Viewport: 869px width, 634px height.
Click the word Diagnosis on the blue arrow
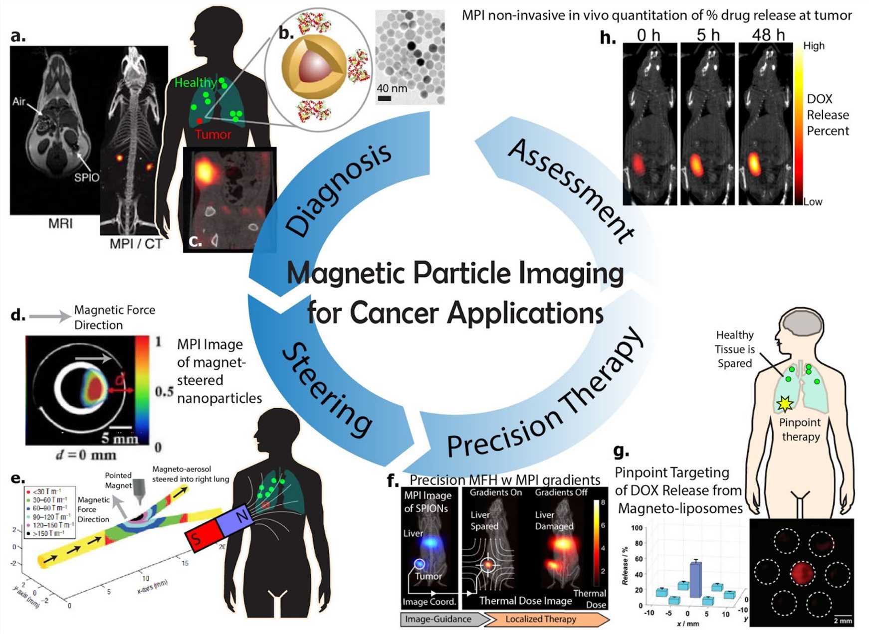pos(339,189)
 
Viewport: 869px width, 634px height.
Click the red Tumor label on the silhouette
pos(213,135)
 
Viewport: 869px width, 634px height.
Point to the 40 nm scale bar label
pos(392,88)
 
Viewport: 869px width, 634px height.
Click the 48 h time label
pos(768,35)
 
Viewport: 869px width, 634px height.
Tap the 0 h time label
pos(648,35)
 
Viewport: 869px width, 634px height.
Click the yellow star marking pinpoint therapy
pos(785,403)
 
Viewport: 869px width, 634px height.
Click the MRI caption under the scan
pos(60,223)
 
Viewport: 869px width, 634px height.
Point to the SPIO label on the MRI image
pos(86,177)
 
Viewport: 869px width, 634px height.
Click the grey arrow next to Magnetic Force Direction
pos(50,316)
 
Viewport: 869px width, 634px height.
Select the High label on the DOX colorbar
pos(814,46)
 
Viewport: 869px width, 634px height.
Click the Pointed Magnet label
pos(118,480)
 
